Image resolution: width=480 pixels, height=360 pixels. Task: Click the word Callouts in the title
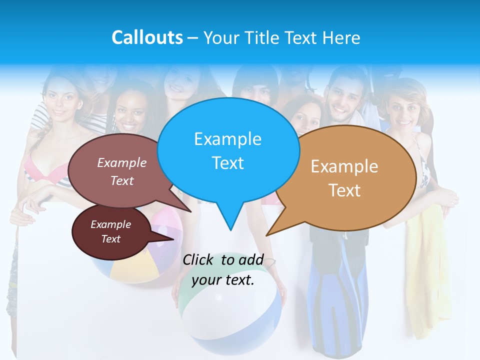[147, 37]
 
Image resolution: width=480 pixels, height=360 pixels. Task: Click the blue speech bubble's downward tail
[230, 220]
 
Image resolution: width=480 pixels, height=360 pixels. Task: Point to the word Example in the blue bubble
[227, 139]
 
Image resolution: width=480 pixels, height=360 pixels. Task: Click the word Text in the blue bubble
[227, 163]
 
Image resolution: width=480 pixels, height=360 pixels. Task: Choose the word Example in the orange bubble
[344, 166]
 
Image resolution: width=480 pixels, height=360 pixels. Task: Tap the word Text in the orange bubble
[344, 190]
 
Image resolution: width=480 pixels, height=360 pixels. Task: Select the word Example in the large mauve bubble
[121, 163]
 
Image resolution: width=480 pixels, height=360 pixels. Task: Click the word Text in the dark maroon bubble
[110, 239]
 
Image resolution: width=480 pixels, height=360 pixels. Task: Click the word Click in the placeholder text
[199, 259]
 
